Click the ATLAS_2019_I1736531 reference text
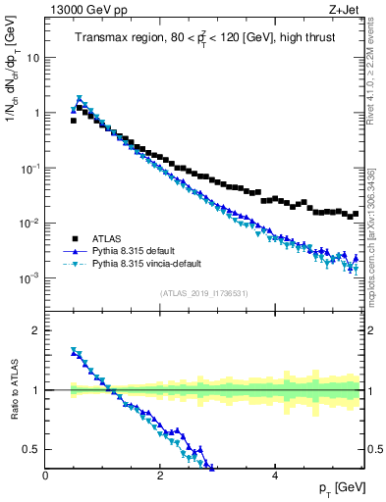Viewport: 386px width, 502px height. coord(203,293)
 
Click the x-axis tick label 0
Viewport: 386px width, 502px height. coord(45,476)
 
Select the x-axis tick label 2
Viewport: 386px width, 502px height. coord(159,476)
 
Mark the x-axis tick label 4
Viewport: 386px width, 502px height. coord(274,476)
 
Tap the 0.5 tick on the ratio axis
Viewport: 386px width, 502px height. coord(31,449)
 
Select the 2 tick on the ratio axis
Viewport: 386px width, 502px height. coord(36,330)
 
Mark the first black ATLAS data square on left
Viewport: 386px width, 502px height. coord(74,121)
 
